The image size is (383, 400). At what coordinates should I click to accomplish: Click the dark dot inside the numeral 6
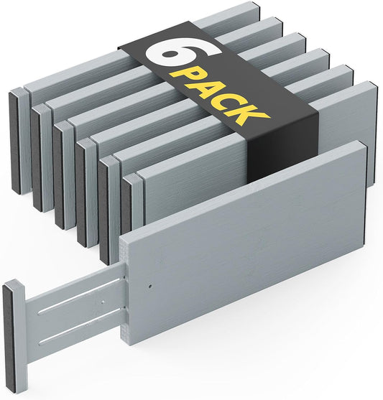pos(171,54)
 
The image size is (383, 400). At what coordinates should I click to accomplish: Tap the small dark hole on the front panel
pos(150,287)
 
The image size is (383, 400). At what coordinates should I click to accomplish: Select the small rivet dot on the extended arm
pos(102,302)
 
